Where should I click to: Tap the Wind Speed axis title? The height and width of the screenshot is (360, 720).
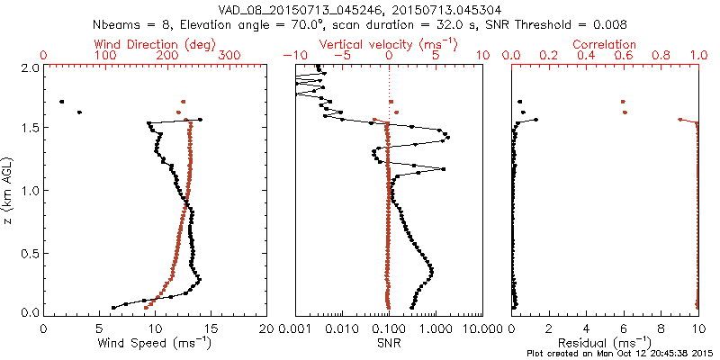156,342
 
